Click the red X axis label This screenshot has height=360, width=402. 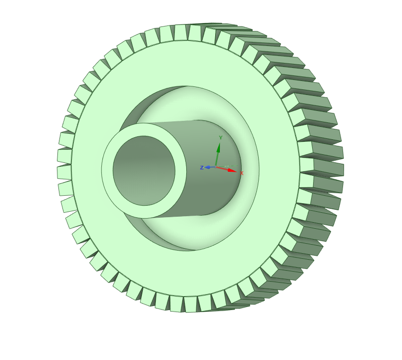[241, 173]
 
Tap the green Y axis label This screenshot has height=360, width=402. [221, 138]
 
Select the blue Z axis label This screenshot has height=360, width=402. [202, 167]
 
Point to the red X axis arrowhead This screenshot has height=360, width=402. [232, 170]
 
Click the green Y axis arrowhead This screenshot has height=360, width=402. [218, 148]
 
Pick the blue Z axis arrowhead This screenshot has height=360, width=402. [208, 167]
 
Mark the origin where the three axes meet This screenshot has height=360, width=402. [216, 167]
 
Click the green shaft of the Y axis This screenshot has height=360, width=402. [217, 159]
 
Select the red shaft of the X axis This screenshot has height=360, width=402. [222, 168]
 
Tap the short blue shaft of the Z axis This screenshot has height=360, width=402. [213, 167]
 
